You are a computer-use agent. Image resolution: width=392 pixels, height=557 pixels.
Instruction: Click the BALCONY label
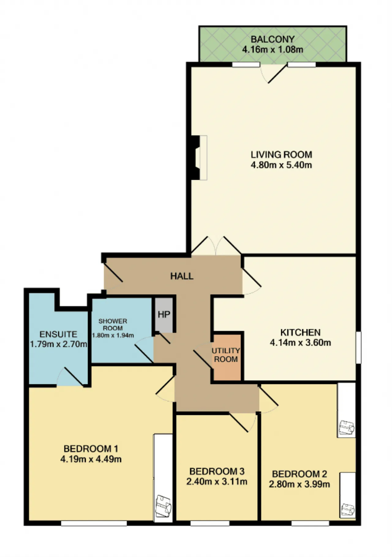pyautogui.click(x=273, y=39)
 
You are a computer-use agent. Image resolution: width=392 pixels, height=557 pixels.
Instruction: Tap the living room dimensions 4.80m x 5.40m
pyautogui.click(x=281, y=165)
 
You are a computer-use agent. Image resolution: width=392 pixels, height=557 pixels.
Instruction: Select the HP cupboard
pyautogui.click(x=164, y=314)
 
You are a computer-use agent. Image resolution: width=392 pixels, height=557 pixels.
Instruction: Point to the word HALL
pyautogui.click(x=182, y=276)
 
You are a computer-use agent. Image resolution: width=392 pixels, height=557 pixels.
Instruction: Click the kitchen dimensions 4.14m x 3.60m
pyautogui.click(x=300, y=343)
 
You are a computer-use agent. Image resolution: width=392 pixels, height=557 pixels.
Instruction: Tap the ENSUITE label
pyautogui.click(x=58, y=334)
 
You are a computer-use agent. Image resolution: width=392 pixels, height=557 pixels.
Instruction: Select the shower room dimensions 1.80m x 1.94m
pyautogui.click(x=113, y=335)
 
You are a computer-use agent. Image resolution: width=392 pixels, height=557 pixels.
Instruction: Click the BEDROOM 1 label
pyautogui.click(x=91, y=449)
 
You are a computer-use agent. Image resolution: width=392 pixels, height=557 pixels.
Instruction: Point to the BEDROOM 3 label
pyautogui.click(x=217, y=471)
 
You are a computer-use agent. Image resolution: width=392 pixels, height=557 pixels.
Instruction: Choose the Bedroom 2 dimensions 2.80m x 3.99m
pyautogui.click(x=300, y=484)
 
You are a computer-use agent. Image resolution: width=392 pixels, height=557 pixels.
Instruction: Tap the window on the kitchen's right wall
pyautogui.click(x=358, y=347)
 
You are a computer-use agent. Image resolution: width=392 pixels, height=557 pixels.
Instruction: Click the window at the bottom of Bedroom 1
pyautogui.click(x=94, y=524)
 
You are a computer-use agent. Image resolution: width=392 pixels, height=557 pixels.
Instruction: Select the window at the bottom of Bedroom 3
pyautogui.click(x=210, y=524)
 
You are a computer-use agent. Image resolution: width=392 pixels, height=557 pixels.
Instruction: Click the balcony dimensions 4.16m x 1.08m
pyautogui.click(x=273, y=49)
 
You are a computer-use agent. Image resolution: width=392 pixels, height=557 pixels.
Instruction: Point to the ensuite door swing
pyautogui.click(x=70, y=376)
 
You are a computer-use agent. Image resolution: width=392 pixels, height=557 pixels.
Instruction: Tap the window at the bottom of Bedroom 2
pyautogui.click(x=310, y=524)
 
